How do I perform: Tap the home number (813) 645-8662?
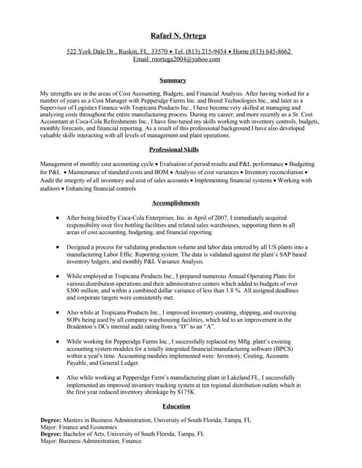271,52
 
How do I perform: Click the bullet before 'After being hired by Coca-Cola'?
57,218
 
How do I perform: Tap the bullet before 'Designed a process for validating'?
57,247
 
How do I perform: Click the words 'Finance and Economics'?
91,428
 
